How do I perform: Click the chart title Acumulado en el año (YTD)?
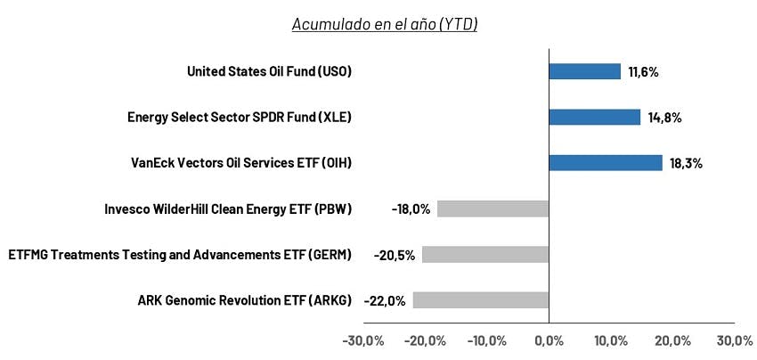point(385,24)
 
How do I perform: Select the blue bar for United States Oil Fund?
point(584,71)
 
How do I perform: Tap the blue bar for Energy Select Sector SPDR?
point(595,117)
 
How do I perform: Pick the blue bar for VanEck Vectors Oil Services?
point(606,163)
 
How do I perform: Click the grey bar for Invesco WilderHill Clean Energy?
point(492,209)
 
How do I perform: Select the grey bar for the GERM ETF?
point(485,255)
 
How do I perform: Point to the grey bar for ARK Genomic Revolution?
point(481,300)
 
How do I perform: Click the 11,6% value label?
point(644,72)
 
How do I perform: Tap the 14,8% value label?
point(664,118)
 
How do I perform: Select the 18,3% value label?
point(686,164)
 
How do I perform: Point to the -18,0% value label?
point(411,209)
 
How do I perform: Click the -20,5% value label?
point(395,255)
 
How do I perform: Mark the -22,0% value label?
point(386,301)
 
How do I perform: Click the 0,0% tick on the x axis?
point(549,340)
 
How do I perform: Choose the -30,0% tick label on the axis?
point(363,340)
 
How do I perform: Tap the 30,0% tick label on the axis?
point(735,340)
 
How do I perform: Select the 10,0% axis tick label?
point(611,340)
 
